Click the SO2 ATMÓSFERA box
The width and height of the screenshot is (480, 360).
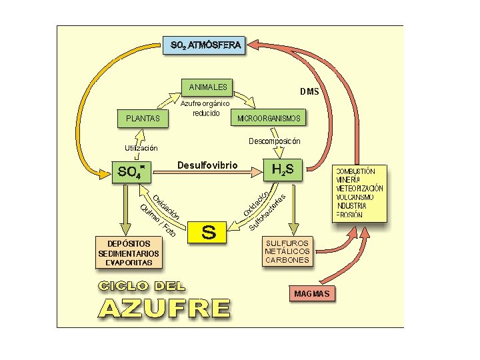point(205,46)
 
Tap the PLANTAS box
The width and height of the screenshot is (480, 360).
point(143,119)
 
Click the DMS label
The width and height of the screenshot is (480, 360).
point(309,91)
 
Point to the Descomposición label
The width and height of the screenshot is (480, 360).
point(274,141)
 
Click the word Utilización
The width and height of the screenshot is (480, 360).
point(141,148)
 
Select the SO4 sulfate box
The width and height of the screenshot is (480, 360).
point(131,171)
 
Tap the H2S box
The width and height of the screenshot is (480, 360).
point(287,169)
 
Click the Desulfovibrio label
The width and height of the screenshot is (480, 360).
point(207,165)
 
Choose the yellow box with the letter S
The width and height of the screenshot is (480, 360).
point(208,232)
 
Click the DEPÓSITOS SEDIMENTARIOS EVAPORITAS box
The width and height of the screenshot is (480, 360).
point(129,253)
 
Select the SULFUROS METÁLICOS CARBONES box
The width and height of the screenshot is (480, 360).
point(287,251)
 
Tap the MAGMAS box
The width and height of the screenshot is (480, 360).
point(312,294)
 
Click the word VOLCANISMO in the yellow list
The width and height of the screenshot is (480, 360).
point(355,197)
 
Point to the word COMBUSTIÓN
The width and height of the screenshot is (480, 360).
point(355,171)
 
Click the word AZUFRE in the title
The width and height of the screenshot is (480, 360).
point(165,309)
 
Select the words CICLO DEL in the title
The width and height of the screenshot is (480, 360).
point(142,287)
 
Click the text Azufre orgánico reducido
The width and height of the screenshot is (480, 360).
point(206,108)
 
